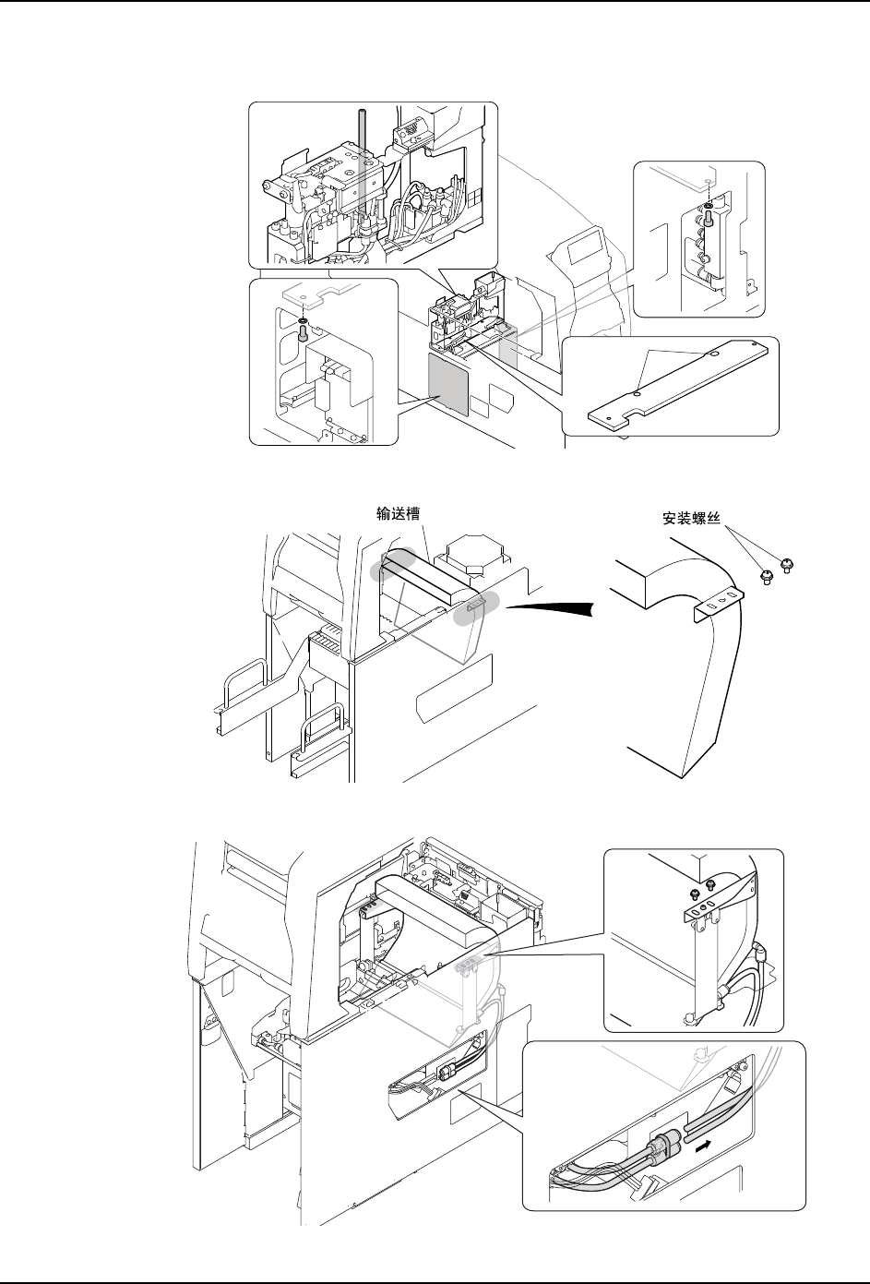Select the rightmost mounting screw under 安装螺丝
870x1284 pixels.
tap(786, 565)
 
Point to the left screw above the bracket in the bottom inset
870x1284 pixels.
tap(691, 893)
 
